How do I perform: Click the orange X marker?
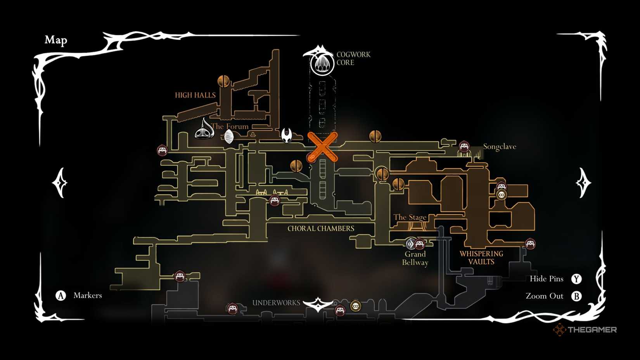(x=322, y=147)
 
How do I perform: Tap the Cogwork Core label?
(x=353, y=59)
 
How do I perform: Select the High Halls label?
(x=195, y=95)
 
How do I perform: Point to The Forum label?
(x=230, y=126)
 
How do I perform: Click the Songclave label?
(x=500, y=147)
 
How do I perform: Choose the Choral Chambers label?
(x=321, y=228)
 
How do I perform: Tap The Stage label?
(x=410, y=217)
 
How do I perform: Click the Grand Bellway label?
(x=415, y=258)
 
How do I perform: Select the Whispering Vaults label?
(x=481, y=258)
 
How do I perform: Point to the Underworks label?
(x=276, y=303)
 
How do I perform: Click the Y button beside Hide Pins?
(x=576, y=279)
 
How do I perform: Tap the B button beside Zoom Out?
(x=576, y=296)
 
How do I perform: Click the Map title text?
(x=56, y=40)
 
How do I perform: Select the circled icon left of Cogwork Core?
(x=322, y=64)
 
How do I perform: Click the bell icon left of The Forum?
(x=204, y=130)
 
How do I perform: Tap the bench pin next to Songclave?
(x=464, y=147)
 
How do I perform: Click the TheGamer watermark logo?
(x=585, y=330)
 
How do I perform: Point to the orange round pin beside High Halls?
(x=223, y=81)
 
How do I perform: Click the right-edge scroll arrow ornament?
(x=583, y=183)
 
